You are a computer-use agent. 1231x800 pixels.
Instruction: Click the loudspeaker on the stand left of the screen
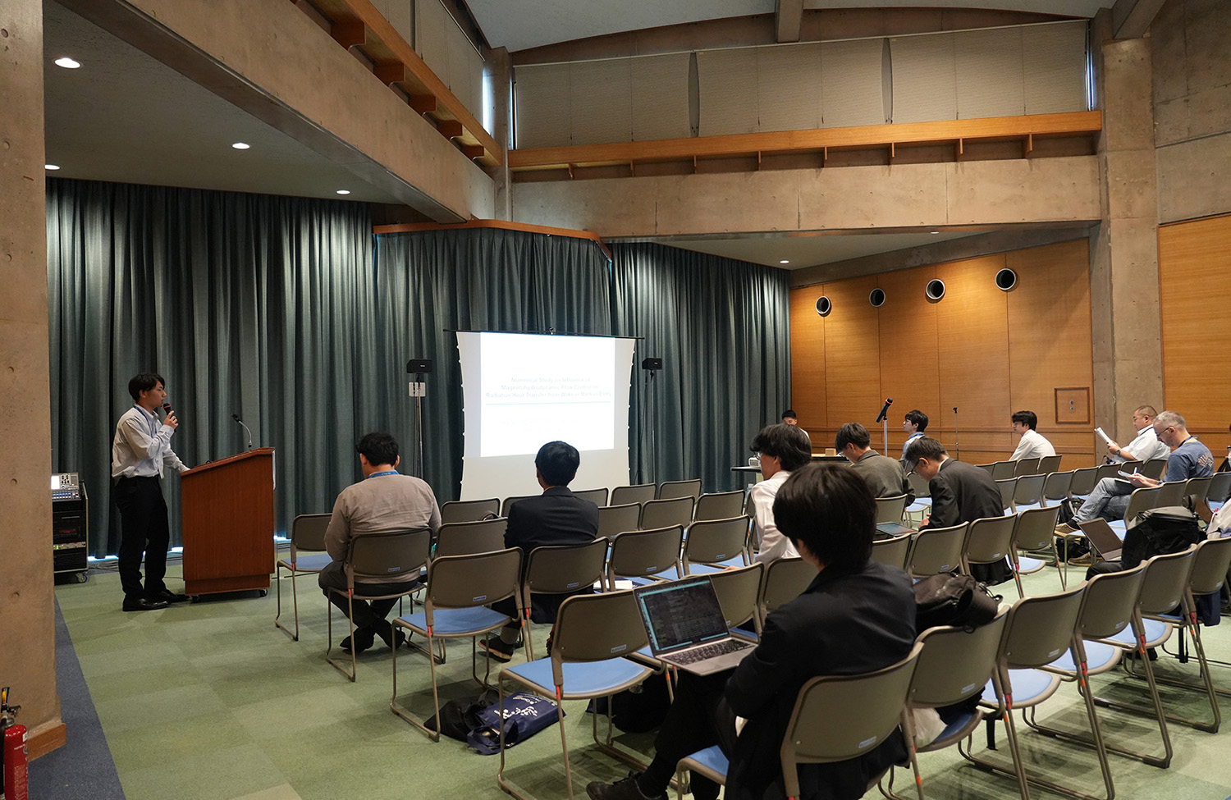pyautogui.click(x=419, y=366)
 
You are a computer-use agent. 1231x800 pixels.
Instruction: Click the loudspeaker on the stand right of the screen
pyautogui.click(x=652, y=363)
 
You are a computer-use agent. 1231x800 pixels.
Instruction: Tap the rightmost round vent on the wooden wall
pyautogui.click(x=1005, y=280)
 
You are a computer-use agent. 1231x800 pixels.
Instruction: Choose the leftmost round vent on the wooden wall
pyautogui.click(x=823, y=306)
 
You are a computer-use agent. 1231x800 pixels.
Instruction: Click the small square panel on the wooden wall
pyautogui.click(x=1072, y=405)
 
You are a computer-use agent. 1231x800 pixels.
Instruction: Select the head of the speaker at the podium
pyautogui.click(x=147, y=389)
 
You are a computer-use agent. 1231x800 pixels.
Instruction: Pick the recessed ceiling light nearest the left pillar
pyautogui.click(x=67, y=63)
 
